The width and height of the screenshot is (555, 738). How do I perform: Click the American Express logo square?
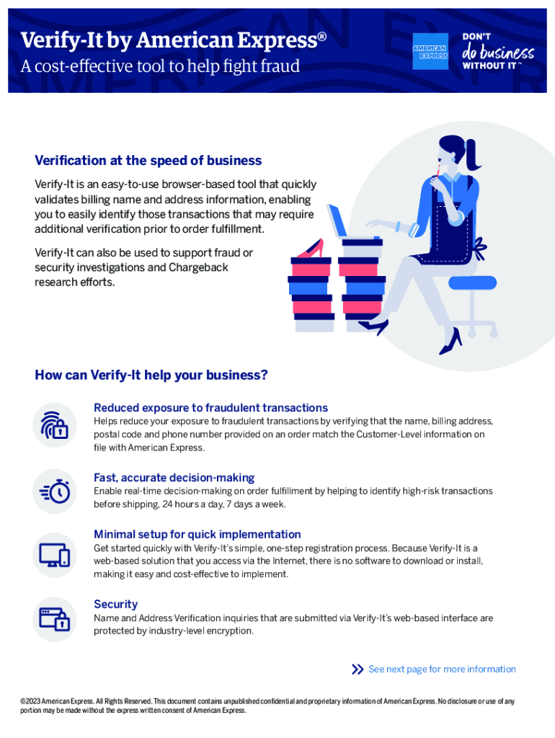click(430, 51)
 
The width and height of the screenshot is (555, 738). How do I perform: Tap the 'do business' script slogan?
click(498, 52)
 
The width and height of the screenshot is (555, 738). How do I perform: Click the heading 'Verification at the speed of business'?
click(148, 160)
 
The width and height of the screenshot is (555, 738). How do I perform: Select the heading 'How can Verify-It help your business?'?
click(151, 375)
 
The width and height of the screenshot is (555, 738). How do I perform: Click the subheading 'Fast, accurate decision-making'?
click(174, 477)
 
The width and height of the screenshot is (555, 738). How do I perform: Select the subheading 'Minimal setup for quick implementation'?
click(197, 534)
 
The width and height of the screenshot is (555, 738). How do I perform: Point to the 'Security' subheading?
click(115, 604)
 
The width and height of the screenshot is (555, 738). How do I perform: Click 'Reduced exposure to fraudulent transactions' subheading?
click(210, 407)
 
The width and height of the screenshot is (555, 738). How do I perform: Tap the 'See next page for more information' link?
click(442, 669)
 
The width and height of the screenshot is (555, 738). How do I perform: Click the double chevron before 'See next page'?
click(358, 670)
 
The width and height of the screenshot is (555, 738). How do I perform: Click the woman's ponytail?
click(472, 155)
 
